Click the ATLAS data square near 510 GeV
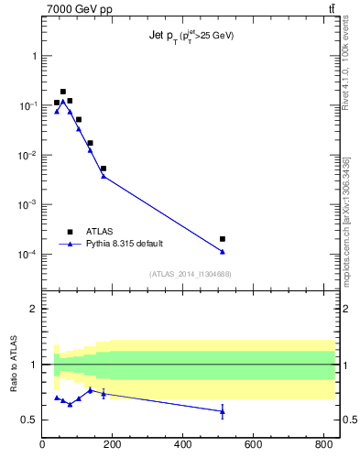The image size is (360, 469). coord(223,239)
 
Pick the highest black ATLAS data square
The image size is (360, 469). coord(63,92)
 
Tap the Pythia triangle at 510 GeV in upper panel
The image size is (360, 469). coord(223,252)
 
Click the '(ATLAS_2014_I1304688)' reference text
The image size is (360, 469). coord(191,273)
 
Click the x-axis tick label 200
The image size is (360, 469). coord(113,446)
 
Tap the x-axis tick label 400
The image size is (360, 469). coord(183,446)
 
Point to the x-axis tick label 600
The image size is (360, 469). coord(254,446)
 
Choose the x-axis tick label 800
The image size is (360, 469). coord(323,446)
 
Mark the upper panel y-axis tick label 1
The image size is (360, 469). coord(34,56)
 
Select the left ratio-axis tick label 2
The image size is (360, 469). coord(34,309)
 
